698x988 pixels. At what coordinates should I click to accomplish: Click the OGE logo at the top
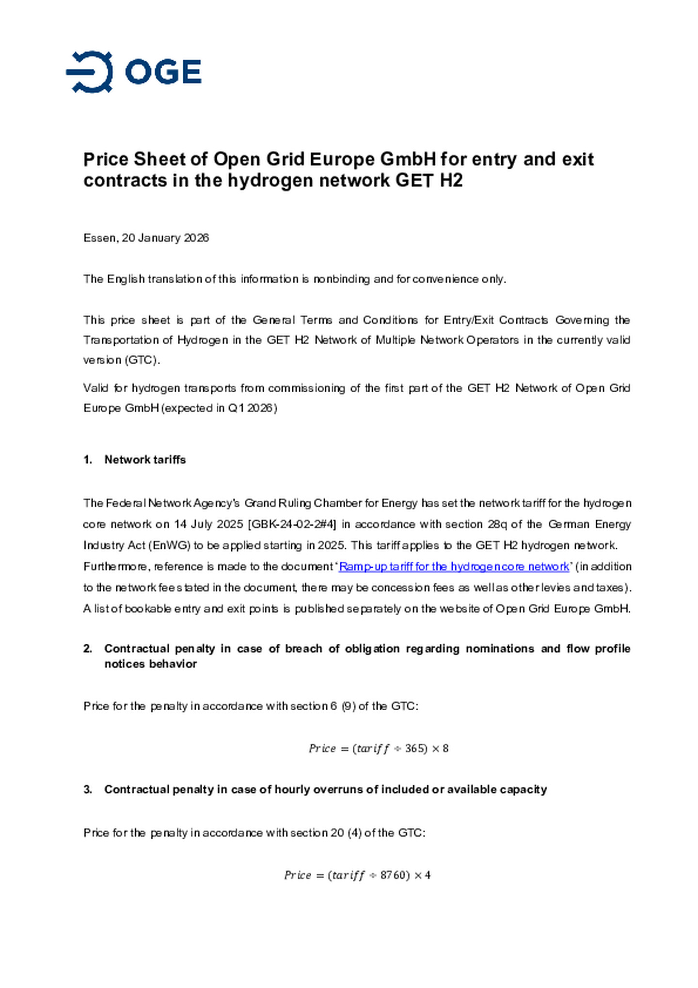click(x=133, y=72)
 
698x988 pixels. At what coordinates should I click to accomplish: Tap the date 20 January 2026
click(x=165, y=238)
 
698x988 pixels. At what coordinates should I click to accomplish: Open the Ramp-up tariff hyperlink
click(x=454, y=566)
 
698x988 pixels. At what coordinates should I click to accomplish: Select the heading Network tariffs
click(x=145, y=460)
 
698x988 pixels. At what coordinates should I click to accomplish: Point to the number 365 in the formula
click(x=415, y=749)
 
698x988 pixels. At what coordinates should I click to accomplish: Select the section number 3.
click(x=88, y=790)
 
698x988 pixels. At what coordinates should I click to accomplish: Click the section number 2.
click(x=88, y=649)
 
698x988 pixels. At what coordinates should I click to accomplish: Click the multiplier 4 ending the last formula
click(x=428, y=876)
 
